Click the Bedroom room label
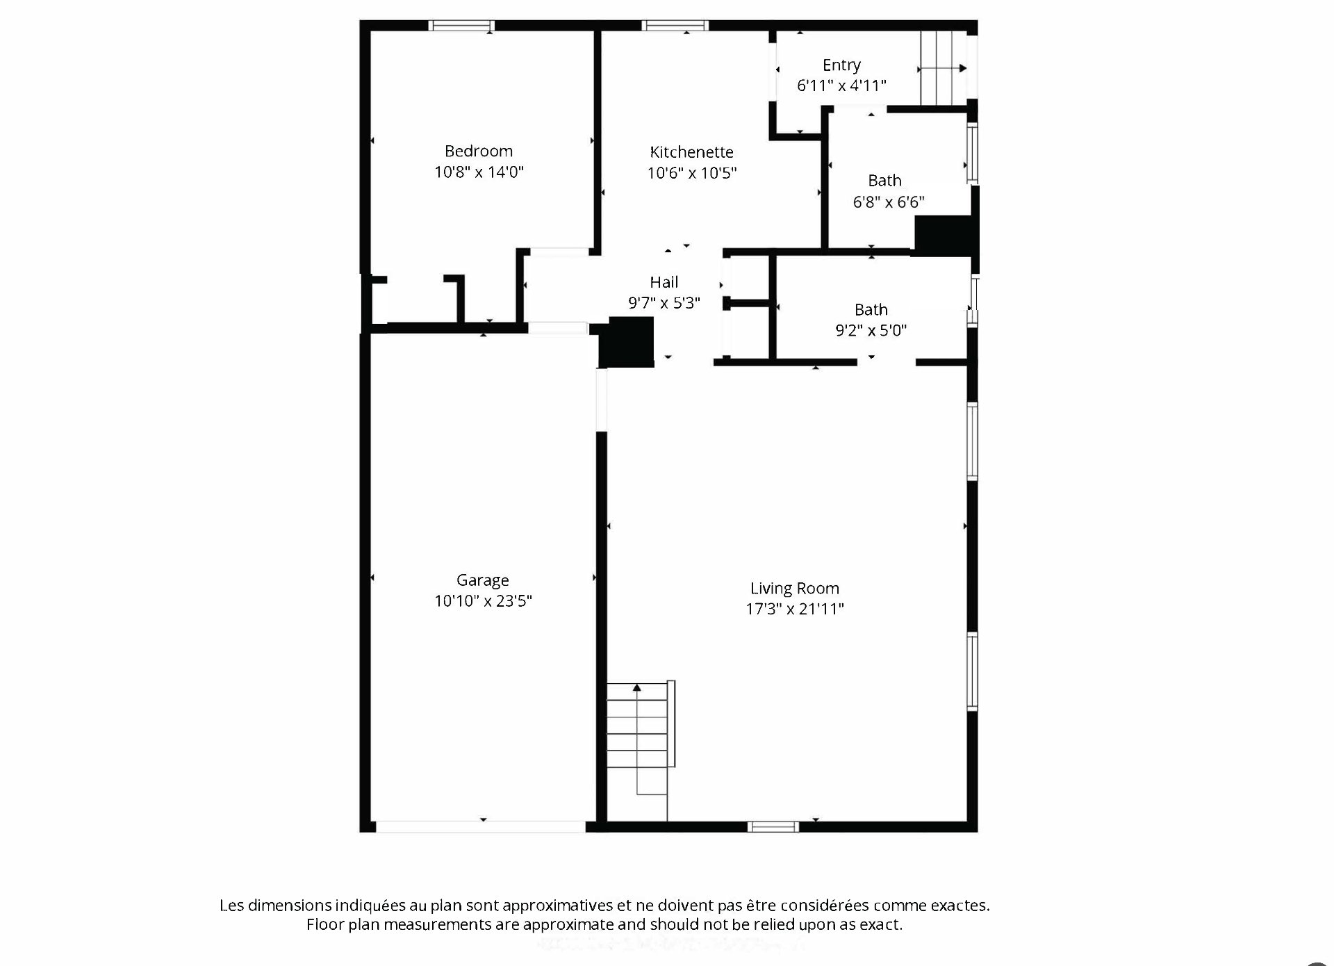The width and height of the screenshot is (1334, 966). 479,152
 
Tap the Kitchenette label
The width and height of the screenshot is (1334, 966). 691,152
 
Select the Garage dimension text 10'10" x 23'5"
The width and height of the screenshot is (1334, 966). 483,601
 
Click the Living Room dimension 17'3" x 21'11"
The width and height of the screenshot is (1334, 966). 795,609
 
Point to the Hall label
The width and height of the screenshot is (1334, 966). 664,282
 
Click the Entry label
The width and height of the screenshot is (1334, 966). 841,65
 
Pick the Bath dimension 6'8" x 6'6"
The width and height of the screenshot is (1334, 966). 889,202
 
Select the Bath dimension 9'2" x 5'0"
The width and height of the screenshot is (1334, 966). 871,331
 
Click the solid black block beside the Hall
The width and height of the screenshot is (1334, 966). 627,342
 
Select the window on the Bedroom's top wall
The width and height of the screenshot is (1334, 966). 461,26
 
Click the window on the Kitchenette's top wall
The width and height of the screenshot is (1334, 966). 675,26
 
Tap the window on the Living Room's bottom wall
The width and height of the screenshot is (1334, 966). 773,826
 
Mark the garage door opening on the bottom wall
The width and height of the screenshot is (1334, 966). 481,827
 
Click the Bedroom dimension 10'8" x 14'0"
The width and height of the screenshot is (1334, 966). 479,172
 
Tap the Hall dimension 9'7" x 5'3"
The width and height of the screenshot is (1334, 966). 664,303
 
